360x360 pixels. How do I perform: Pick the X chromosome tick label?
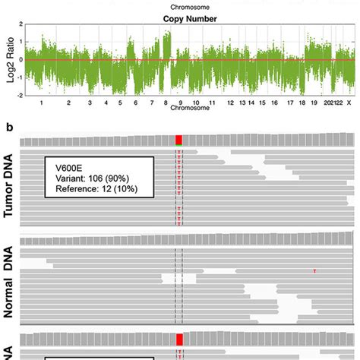click(348, 103)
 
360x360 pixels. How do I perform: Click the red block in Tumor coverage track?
click(178, 139)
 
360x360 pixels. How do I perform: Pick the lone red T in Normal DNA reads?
click(314, 270)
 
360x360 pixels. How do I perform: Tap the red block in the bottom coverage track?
click(179, 339)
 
